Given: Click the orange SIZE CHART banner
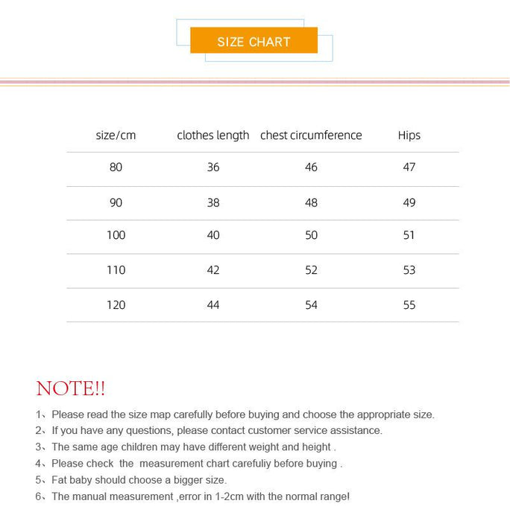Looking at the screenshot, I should pos(254,41).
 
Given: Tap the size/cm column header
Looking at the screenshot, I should pos(116,135).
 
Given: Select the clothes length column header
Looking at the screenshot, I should pos(212,135).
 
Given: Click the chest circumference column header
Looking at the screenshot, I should pos(311,135).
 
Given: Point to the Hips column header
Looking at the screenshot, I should pos(409,135).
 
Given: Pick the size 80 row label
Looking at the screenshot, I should pos(116,167).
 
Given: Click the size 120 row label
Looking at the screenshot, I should pos(116,305).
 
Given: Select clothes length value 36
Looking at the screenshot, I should pos(213,167).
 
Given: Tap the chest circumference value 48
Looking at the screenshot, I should pos(311,202).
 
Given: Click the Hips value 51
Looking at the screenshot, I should pos(409,235).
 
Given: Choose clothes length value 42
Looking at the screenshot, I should pos(213,270).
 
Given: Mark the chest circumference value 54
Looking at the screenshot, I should pos(311,305).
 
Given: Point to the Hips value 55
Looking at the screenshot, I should pos(409,305).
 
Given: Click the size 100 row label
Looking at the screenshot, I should pos(116,235).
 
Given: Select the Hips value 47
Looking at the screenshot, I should pos(409,167).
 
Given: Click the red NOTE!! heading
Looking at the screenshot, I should pos(71,389).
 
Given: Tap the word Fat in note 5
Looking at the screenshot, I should pos(60,480).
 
